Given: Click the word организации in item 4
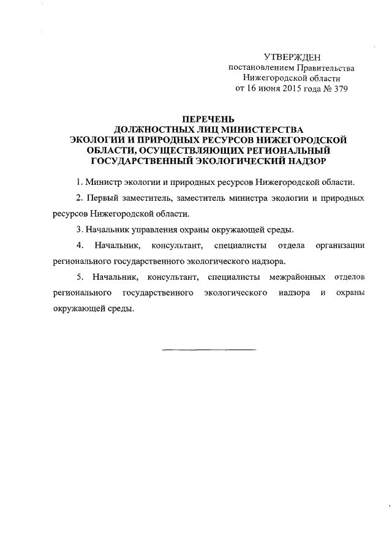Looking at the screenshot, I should coord(340,245).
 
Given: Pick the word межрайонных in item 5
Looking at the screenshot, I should coord(297,277).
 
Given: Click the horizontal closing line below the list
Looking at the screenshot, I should coord(209,350).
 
